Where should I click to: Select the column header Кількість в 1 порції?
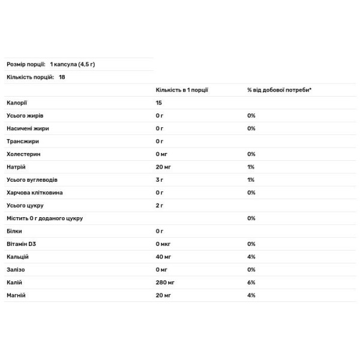coord(182,89)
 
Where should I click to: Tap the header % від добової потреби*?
coord(279,89)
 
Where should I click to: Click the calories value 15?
coord(159,103)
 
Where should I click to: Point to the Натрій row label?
coord(16,167)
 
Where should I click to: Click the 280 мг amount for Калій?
coord(166,282)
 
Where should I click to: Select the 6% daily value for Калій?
coord(251,282)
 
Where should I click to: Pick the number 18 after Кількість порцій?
coord(62,77)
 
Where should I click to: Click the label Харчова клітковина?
coord(34,193)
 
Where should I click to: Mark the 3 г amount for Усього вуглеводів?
coord(160,180)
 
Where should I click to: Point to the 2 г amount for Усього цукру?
coord(160,205)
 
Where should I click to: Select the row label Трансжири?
coord(22,141)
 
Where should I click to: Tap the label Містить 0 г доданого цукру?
coord(44,218)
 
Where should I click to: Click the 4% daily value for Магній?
coord(251,295)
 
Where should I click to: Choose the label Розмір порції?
coord(26,64)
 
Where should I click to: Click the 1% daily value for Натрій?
coord(251,167)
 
